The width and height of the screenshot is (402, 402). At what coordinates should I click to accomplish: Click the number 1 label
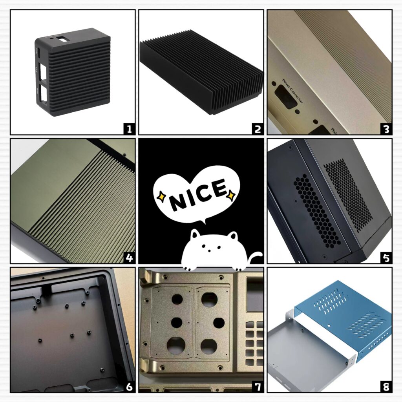(x=128, y=128)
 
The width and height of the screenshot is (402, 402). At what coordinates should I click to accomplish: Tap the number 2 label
(x=257, y=128)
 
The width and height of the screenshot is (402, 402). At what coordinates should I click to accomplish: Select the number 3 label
(x=386, y=128)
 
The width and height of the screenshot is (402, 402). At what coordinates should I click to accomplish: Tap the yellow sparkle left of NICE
(x=161, y=196)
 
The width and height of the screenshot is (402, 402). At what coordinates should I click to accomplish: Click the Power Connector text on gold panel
(x=292, y=91)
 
